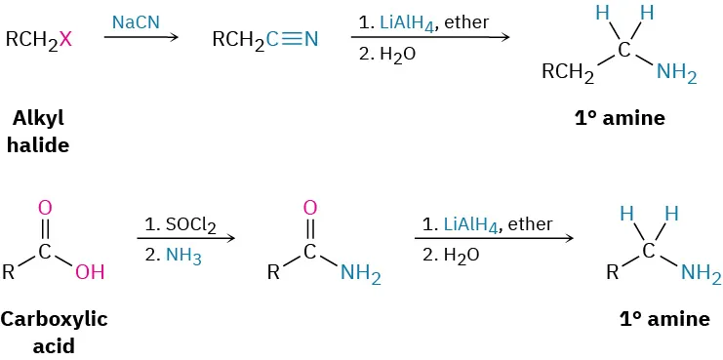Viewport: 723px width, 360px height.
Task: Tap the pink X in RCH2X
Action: coord(65,40)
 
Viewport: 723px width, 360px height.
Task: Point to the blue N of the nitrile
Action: coord(311,40)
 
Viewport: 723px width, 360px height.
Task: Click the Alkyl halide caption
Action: coord(40,131)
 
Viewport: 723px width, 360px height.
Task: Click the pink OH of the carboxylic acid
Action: coord(90,272)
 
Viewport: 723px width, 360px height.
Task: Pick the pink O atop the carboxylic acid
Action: coord(45,208)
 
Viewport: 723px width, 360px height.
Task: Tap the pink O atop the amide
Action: coord(310,208)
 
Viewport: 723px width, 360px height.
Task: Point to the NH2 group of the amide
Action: coord(360,274)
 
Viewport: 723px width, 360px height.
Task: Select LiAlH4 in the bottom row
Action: coord(471,223)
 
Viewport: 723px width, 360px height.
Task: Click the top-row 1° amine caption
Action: coord(620,118)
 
